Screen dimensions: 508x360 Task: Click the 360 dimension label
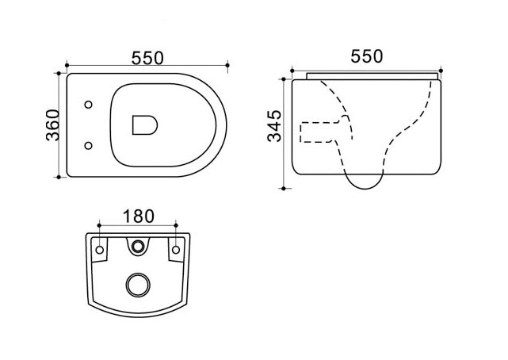pos(53,125)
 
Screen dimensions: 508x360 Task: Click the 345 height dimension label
pos(274,126)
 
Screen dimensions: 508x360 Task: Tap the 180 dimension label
pos(139,216)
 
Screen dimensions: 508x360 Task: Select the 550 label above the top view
pos(147,59)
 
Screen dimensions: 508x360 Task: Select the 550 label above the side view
pos(367,56)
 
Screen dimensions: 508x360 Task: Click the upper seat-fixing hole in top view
pos(88,105)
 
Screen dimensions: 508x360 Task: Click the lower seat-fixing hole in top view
pos(88,145)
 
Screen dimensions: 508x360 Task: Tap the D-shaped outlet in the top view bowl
pos(145,125)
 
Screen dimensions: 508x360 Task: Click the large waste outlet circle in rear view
pos(138,285)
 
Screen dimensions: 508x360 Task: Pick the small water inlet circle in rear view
pos(138,247)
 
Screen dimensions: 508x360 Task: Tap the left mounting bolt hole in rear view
pos(100,250)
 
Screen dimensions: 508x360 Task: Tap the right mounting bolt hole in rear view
pos(176,250)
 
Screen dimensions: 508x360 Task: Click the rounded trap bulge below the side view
pos(365,182)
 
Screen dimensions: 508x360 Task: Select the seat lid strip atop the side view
pos(372,76)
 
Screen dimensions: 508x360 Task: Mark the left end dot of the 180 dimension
pos(100,225)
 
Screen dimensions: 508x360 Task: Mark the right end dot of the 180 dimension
pos(176,225)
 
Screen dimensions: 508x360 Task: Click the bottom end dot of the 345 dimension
pos(284,188)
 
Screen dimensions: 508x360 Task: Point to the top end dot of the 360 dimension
pos(59,74)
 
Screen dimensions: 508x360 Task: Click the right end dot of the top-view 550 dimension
pos(227,66)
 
